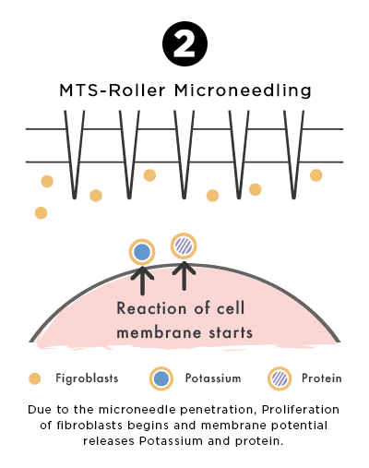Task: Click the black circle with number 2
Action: pos(184,43)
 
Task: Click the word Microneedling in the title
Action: pos(243,90)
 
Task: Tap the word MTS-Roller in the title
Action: pos(113,90)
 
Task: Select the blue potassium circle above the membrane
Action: pos(142,252)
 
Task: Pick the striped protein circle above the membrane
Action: pos(184,246)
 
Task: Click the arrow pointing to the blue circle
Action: pos(142,281)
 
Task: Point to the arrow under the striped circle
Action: pos(184,276)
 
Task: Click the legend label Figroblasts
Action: pos(87,378)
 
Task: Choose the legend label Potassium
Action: pos(213,378)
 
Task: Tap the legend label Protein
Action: pos(321,378)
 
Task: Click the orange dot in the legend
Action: pos(35,378)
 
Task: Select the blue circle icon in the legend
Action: pos(161,378)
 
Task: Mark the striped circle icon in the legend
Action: pos(280,378)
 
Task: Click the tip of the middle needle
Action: pos(184,198)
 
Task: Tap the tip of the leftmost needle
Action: pos(74,198)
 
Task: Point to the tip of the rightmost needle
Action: pos(293,198)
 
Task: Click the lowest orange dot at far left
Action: pos(41,212)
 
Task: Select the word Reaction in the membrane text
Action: pos(151,308)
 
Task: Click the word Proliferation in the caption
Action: pos(301,410)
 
